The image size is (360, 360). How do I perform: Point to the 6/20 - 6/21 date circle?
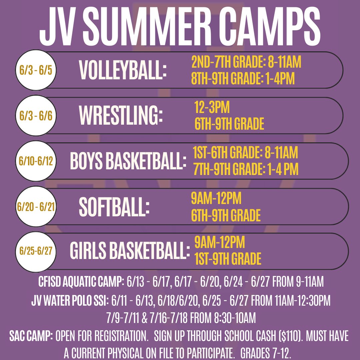[36, 207]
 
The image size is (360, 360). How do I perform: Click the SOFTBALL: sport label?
[114, 207]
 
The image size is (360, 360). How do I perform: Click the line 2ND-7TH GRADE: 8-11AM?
[246, 62]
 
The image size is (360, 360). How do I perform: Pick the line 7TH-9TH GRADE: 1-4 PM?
[246, 170]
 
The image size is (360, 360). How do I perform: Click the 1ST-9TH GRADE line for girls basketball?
[228, 259]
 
